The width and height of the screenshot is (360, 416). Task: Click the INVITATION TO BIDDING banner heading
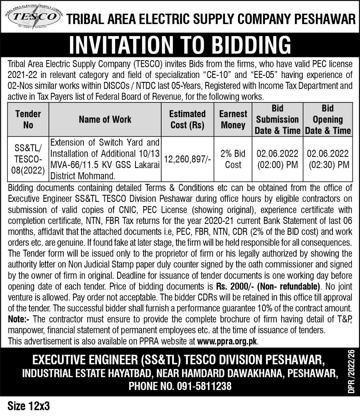click(180, 45)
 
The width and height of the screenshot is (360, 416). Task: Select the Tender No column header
click(28, 119)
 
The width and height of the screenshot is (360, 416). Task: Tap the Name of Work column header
click(105, 119)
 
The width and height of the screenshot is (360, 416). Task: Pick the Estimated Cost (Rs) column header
click(187, 119)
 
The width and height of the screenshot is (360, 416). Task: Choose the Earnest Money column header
click(233, 119)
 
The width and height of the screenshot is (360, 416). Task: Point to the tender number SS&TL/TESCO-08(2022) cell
click(28, 159)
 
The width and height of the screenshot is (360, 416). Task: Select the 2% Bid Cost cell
click(233, 159)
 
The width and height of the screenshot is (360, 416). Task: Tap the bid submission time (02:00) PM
click(277, 164)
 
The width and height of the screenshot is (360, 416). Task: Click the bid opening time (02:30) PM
click(328, 164)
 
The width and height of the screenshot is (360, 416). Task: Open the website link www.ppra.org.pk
click(227, 342)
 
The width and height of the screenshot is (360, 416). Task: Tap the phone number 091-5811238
click(204, 386)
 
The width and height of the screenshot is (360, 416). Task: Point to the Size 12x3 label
click(29, 406)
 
